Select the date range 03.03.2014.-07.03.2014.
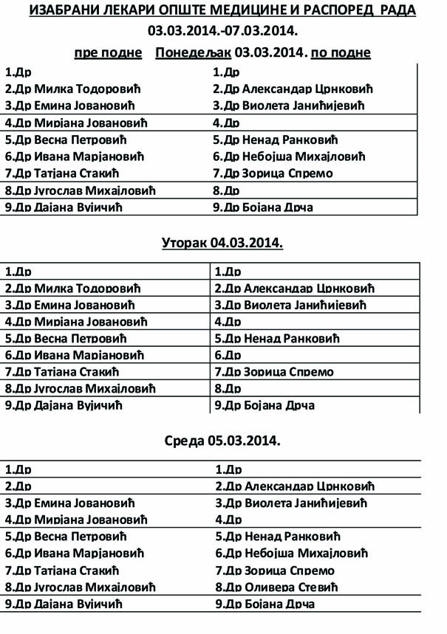click(x=222, y=31)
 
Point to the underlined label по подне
click(x=341, y=52)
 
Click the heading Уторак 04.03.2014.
click(x=222, y=243)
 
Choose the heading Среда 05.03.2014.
click(x=222, y=441)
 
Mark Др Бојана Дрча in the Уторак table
click(x=265, y=405)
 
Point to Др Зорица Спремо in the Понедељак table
click(x=273, y=173)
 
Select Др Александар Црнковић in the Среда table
click(x=296, y=486)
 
